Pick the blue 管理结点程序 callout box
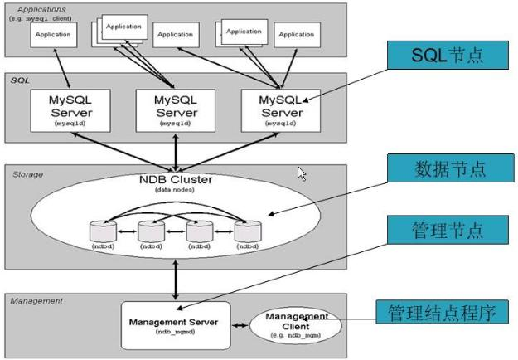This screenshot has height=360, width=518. coord(441,313)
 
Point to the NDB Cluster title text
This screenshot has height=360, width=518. coord(175,179)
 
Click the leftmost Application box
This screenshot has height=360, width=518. coord(54,35)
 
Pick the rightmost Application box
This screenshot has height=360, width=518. coord(296,35)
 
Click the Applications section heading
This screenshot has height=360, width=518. coord(41,8)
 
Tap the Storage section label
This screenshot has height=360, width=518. coord(27,174)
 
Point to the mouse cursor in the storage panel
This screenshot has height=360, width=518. coord(302,173)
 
